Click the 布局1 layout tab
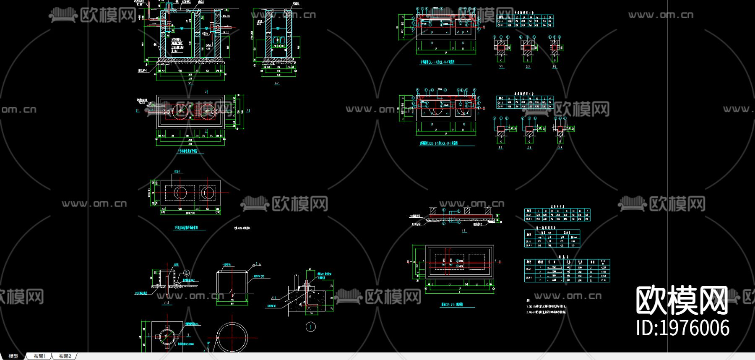click(x=39, y=356)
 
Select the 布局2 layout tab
click(x=65, y=356)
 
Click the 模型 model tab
click(x=13, y=356)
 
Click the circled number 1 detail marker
click(x=311, y=327)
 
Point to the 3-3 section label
click(x=167, y=303)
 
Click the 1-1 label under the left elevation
click(x=190, y=83)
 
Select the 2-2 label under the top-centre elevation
click(x=277, y=83)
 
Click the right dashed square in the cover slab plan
click(x=207, y=193)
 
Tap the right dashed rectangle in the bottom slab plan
click(x=477, y=261)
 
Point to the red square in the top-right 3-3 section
click(x=555, y=47)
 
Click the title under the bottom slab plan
click(x=452, y=305)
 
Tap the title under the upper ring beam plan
click(x=437, y=62)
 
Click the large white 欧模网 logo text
click(x=682, y=300)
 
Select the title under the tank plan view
click(x=187, y=151)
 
